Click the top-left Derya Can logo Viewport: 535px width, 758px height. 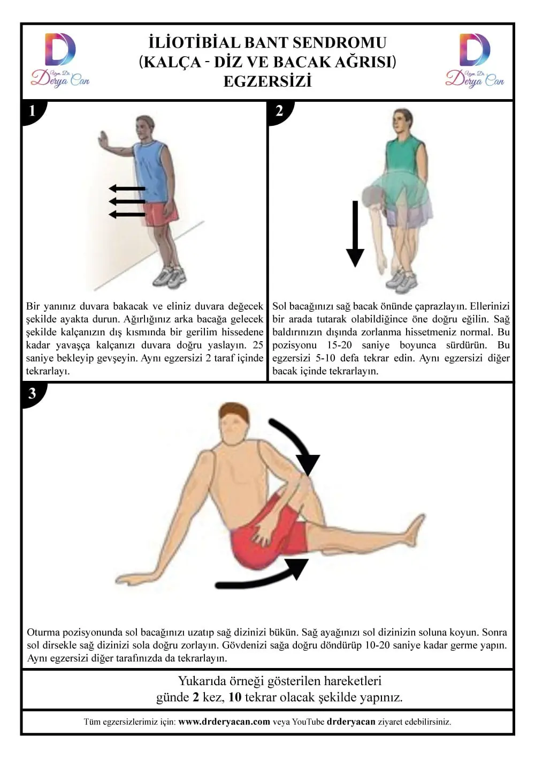[60, 60]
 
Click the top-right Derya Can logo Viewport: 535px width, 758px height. [475, 60]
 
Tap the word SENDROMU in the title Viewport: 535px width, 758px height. [339, 43]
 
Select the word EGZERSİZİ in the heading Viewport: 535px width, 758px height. [267, 81]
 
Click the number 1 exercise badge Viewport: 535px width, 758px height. [33, 111]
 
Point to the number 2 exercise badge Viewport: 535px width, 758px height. [279, 111]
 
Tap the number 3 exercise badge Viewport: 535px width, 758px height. [33, 394]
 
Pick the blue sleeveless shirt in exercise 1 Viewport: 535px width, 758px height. [149, 171]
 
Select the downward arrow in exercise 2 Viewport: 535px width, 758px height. [355, 234]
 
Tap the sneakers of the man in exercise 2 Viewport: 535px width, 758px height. [402, 280]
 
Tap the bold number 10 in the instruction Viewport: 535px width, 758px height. [235, 697]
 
